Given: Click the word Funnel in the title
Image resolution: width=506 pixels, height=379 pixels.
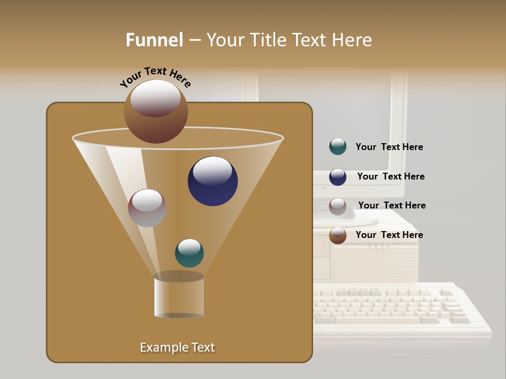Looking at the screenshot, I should (154, 40).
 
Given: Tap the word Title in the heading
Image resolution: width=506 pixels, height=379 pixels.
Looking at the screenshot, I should (268, 40).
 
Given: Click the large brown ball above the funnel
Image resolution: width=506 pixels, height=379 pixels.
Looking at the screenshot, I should (155, 111).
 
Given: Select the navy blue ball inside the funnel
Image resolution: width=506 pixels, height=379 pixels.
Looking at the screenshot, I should (213, 182).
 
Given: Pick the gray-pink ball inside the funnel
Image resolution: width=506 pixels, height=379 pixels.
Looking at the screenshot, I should (147, 208).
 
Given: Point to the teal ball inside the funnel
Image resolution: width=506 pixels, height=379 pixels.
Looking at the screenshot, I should (189, 253).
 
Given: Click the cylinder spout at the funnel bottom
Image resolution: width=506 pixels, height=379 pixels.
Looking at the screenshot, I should (179, 296).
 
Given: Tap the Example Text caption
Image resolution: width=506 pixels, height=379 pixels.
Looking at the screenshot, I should (178, 347).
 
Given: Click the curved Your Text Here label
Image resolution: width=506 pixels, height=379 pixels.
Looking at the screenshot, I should (155, 77).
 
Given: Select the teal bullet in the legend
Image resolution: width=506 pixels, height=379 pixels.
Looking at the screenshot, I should (338, 147).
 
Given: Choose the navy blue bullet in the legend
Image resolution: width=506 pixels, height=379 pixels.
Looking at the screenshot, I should (338, 177).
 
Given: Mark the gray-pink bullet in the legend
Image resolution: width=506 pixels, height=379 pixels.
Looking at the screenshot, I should (338, 206).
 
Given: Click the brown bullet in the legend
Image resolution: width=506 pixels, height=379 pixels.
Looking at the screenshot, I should (338, 235).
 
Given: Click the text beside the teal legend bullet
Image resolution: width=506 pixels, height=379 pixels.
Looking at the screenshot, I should (389, 147).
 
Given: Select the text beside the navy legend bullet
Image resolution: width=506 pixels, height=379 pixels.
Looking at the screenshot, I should (391, 177).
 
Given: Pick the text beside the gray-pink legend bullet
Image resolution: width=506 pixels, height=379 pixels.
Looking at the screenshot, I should (392, 205).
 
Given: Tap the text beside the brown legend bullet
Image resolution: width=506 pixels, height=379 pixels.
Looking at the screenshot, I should (389, 235).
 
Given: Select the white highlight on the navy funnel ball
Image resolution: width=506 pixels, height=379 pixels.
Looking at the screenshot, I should (212, 171).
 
